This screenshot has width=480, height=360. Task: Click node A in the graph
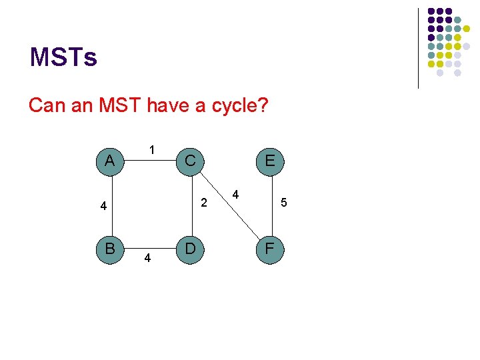click(109, 161)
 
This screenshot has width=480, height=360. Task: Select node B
click(109, 249)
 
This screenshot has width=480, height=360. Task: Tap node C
click(190, 161)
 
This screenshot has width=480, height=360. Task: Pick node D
click(190, 249)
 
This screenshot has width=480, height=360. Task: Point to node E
click(270, 161)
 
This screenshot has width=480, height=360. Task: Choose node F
click(270, 249)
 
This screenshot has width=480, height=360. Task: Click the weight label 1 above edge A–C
click(152, 149)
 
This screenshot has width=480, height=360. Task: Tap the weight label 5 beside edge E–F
click(284, 202)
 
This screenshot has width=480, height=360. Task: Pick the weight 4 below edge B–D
click(147, 258)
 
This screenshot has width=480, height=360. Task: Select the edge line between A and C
click(149, 161)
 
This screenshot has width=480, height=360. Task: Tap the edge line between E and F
click(270, 205)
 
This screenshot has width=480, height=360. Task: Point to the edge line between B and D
click(149, 249)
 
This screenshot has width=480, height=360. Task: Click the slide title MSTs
click(63, 57)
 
